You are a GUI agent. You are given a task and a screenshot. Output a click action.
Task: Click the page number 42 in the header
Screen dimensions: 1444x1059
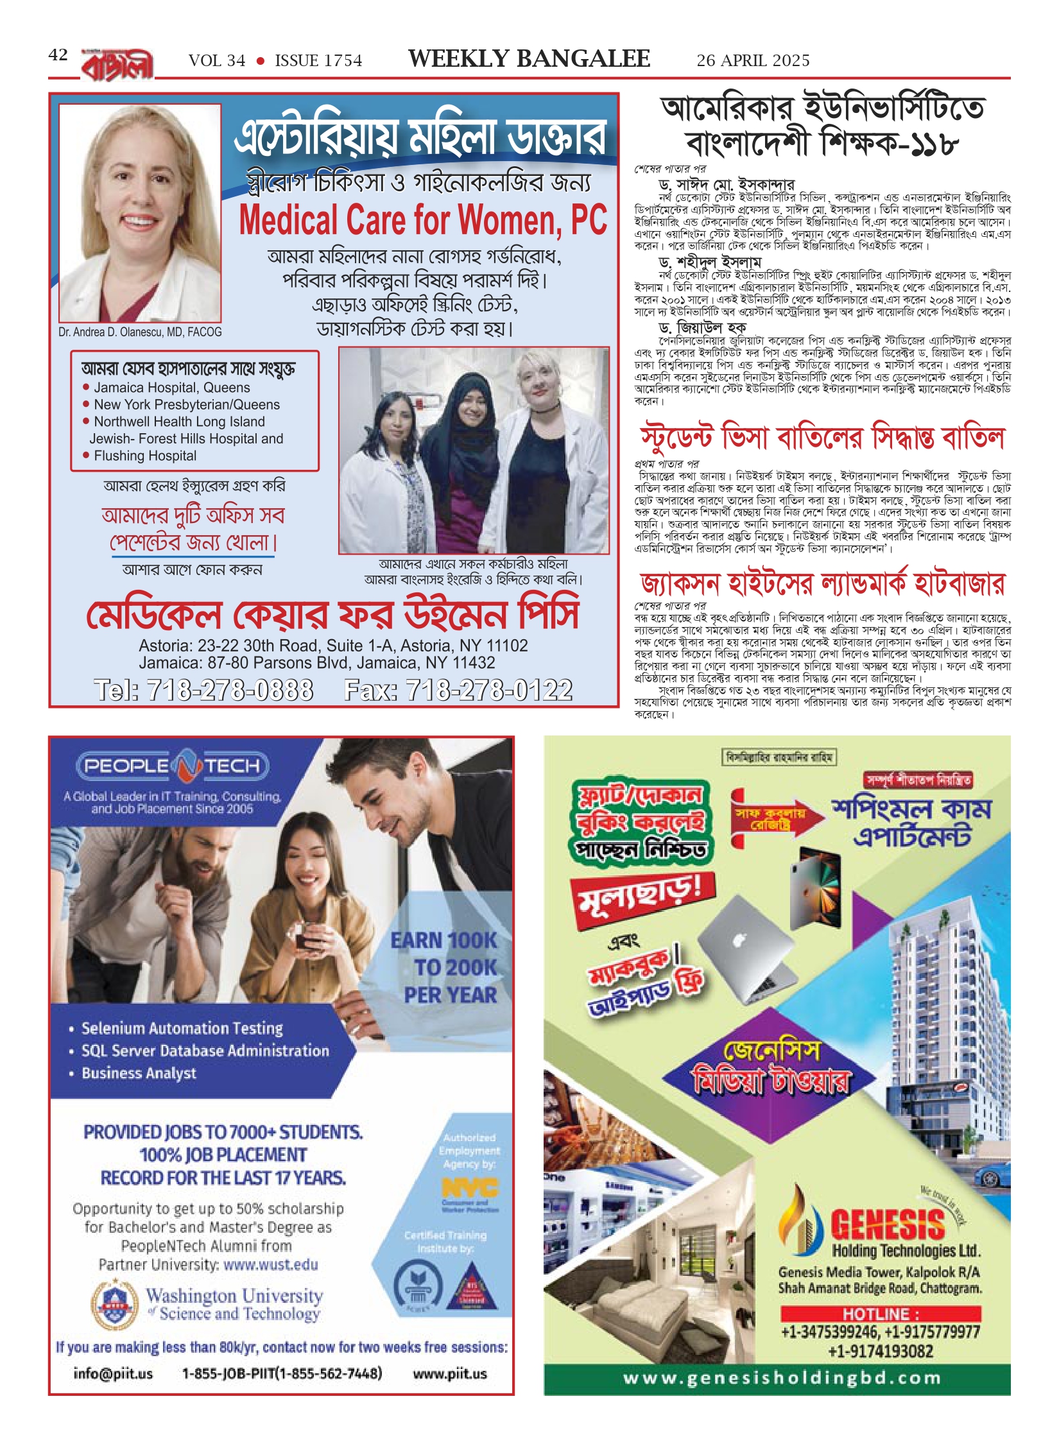pos(58,55)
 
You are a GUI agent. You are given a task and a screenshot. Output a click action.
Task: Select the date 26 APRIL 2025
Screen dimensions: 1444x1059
pos(753,61)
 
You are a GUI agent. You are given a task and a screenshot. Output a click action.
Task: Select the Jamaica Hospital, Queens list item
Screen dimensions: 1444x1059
pos(171,388)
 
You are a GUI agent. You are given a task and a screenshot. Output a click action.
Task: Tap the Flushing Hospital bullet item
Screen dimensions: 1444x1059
pos(145,456)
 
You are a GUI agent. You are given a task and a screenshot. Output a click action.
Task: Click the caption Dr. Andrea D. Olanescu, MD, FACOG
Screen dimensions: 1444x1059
pos(140,332)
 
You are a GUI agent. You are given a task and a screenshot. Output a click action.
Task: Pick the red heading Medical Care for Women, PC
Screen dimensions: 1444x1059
pos(423,220)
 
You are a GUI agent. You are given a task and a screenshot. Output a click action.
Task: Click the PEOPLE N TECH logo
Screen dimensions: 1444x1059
pos(173,766)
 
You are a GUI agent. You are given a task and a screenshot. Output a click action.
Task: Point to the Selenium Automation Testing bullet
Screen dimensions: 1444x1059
pos(182,1029)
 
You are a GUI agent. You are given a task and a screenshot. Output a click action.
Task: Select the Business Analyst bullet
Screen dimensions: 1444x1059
pos(139,1073)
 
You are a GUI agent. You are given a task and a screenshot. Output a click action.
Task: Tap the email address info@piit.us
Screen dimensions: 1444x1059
pos(113,1373)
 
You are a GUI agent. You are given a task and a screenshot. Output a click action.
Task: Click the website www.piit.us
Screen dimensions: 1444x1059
pos(449,1373)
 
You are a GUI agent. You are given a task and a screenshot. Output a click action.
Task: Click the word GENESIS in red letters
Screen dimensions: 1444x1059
pos(888,1225)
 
